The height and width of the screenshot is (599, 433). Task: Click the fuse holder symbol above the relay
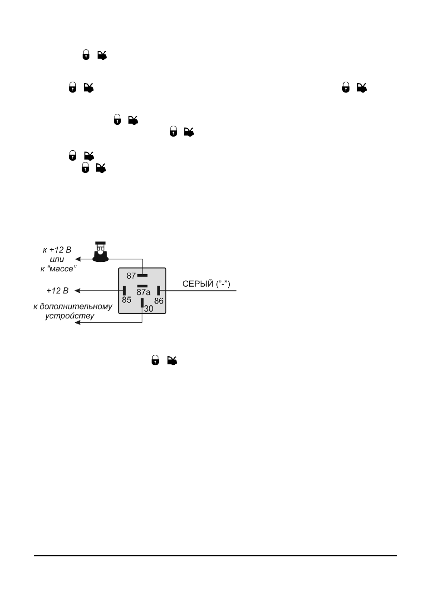point(101,252)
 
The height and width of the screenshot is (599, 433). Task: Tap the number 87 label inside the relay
point(131,276)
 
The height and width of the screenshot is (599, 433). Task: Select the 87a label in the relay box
point(143,292)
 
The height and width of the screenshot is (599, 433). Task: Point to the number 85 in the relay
point(127,300)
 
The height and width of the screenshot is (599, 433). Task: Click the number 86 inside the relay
point(159,301)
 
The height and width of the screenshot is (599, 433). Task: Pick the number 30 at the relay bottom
point(149,309)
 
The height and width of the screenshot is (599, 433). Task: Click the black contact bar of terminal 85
point(124,291)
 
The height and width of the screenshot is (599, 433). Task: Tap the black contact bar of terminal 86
point(158,291)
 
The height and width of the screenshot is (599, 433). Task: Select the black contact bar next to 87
point(142,275)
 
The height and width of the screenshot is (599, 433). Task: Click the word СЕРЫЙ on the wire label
point(198,284)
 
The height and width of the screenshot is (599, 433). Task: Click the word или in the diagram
point(57,260)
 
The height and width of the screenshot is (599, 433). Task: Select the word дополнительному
point(76,307)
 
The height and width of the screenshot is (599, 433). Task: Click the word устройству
point(70,316)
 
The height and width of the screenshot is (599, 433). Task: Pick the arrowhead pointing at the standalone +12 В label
point(78,291)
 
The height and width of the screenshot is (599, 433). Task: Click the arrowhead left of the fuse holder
point(78,259)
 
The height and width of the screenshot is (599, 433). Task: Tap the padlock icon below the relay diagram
point(155,360)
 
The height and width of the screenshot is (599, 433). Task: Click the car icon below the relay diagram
point(172,361)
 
